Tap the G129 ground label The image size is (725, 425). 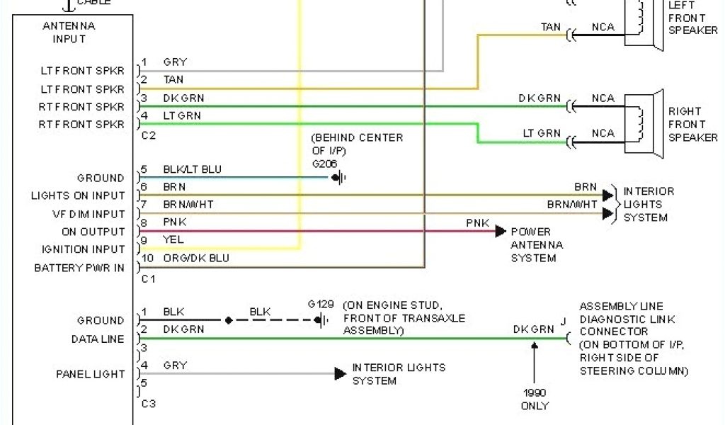[x=320, y=304]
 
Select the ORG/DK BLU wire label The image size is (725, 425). [x=196, y=259]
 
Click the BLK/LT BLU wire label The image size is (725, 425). [x=192, y=169]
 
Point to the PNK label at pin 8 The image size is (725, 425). [x=174, y=222]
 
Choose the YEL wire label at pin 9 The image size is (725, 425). [x=173, y=240]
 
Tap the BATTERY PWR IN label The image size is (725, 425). [x=79, y=268]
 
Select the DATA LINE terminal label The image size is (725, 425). [x=98, y=339]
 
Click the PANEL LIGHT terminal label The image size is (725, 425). [x=90, y=374]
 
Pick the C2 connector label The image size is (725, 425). [x=148, y=135]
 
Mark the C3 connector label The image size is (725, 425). [x=148, y=403]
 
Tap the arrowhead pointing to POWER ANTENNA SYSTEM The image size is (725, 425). [x=501, y=231]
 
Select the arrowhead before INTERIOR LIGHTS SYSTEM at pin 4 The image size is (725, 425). [x=341, y=373]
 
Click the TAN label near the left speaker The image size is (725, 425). [x=551, y=28]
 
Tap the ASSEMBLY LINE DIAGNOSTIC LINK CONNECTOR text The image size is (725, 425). [x=622, y=319]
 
